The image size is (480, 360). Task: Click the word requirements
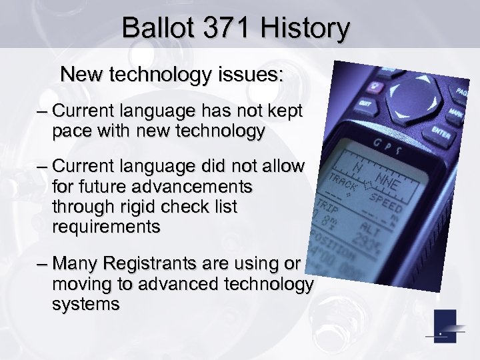(x=105, y=228)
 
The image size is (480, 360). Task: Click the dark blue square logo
(x=445, y=326)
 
